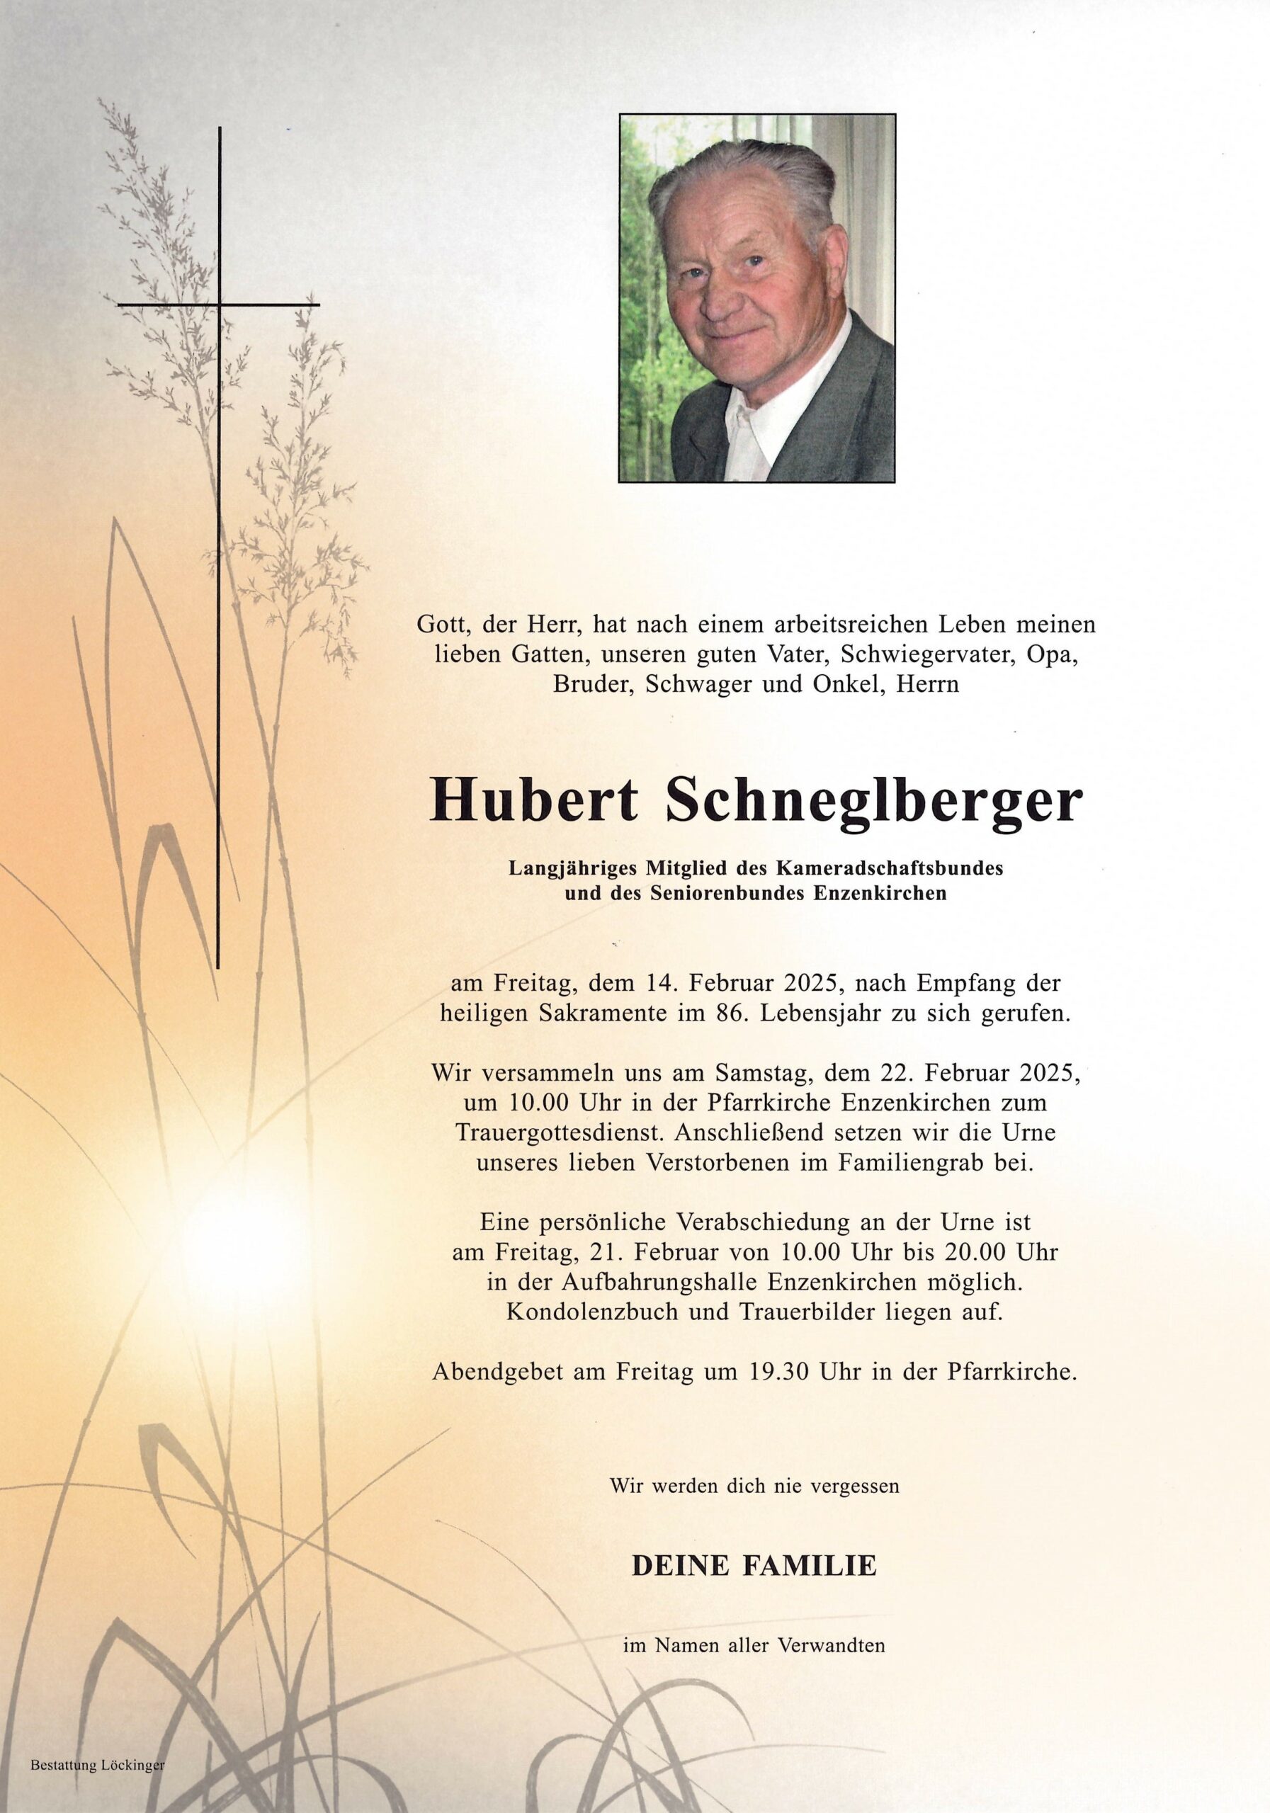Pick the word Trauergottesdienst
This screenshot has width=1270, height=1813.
coord(557,1132)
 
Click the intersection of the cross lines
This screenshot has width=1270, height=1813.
coord(219,304)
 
